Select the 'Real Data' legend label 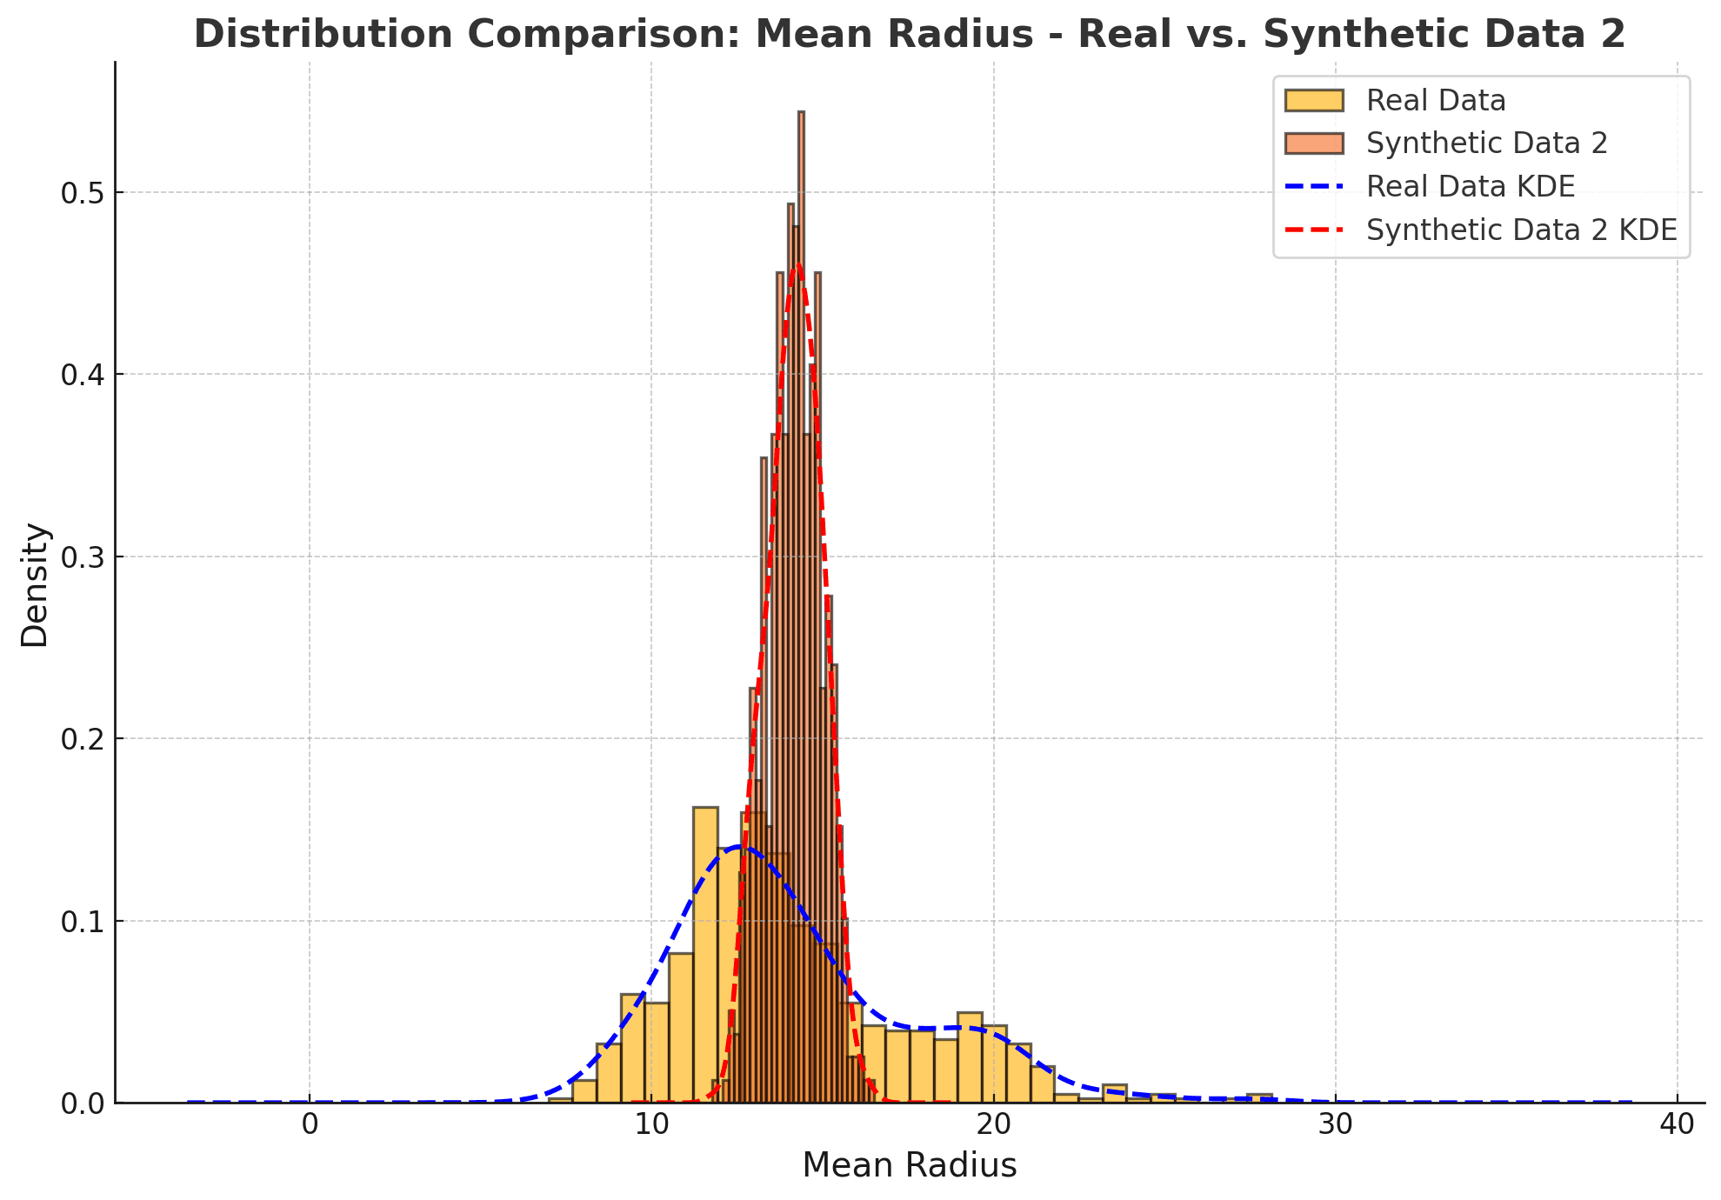[x=1436, y=101]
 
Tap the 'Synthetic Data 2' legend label [x=1487, y=143]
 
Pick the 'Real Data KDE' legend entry [x=1471, y=186]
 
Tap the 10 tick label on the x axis [x=651, y=1124]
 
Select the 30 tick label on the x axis [x=1336, y=1124]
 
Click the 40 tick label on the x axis [x=1678, y=1124]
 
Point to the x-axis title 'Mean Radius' [x=909, y=1166]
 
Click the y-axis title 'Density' [x=35, y=584]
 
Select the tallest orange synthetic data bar [x=801, y=609]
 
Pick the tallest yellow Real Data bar [x=705, y=957]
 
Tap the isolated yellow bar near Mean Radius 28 [x=1258, y=1098]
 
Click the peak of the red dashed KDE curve [x=797, y=266]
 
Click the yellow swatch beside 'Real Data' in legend [x=1313, y=101]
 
